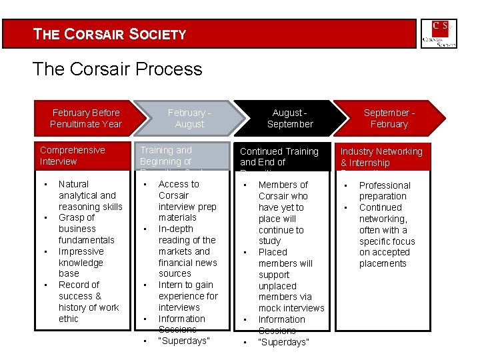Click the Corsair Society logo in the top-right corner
pyautogui.click(x=439, y=33)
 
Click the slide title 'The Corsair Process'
pyautogui.click(x=117, y=69)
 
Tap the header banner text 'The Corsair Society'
pyautogui.click(x=110, y=34)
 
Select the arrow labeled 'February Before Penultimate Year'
pyautogui.click(x=85, y=119)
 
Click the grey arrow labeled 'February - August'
pyautogui.click(x=189, y=119)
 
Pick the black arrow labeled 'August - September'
pyautogui.click(x=289, y=119)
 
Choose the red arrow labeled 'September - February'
pyautogui.click(x=389, y=119)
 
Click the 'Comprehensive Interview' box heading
pyautogui.click(x=73, y=156)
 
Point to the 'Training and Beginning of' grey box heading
pyautogui.click(x=165, y=156)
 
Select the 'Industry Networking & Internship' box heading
pyautogui.click(x=381, y=157)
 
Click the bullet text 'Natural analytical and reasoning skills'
pyautogui.click(x=90, y=195)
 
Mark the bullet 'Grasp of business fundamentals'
pyautogui.click(x=86, y=229)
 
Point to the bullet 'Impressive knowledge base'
pyautogui.click(x=81, y=263)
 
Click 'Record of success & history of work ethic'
pyautogui.click(x=88, y=301)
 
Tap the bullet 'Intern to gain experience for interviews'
pyautogui.click(x=187, y=296)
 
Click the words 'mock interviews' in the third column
pyautogui.click(x=291, y=308)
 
